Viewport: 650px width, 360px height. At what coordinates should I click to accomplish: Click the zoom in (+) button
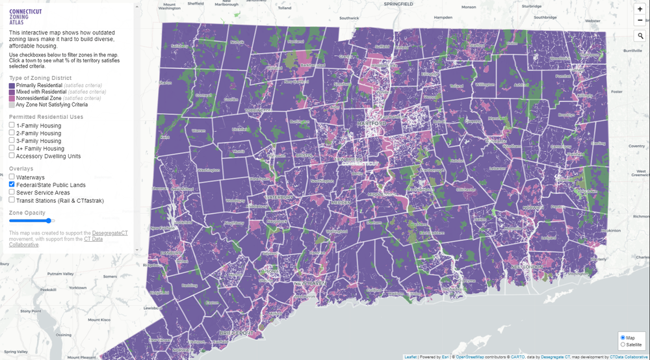pos(640,9)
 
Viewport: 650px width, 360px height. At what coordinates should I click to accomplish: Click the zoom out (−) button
pos(640,21)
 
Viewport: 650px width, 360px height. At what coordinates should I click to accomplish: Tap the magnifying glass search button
pos(640,36)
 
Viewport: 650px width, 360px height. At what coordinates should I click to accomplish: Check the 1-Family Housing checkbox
pos(12,125)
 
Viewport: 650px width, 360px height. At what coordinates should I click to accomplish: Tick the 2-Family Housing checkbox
pos(12,133)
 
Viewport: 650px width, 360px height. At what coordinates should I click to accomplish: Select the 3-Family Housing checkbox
pos(12,140)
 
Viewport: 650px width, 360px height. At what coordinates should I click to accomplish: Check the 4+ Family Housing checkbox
pos(12,148)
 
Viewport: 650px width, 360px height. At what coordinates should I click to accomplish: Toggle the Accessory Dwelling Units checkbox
pos(12,156)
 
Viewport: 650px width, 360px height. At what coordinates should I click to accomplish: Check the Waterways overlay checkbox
pos(12,177)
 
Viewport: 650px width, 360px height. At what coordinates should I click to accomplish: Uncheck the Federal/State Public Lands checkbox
pos(12,185)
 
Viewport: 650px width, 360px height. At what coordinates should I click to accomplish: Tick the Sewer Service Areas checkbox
pos(12,192)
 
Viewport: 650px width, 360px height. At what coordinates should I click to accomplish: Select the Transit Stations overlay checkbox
pos(12,200)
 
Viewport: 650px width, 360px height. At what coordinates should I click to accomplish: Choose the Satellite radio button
pos(623,344)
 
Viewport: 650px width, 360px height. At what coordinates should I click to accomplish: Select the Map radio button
pos(623,337)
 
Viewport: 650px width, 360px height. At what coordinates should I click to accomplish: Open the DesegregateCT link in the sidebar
pos(110,233)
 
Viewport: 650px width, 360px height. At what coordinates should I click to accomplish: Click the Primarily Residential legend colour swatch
pos(12,86)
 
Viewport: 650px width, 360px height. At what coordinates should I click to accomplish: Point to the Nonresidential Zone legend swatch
pos(12,98)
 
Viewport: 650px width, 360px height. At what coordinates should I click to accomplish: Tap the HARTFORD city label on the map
pos(369,123)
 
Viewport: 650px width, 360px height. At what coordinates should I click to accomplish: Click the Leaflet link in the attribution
pos(410,357)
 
